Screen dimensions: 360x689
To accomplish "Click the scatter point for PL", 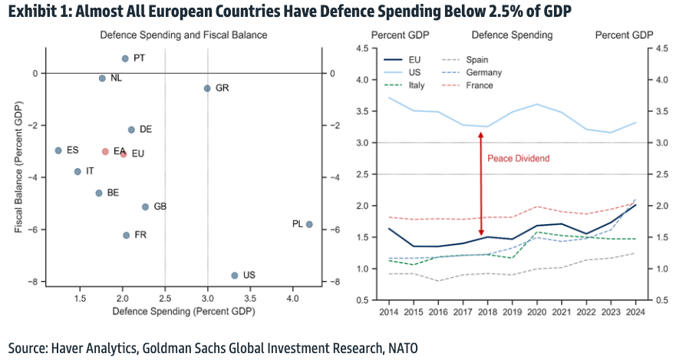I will pyautogui.click(x=308, y=224).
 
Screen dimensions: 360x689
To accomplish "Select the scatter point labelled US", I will pyautogui.click(x=234, y=275).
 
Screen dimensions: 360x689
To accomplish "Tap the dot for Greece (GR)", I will pyautogui.click(x=207, y=88).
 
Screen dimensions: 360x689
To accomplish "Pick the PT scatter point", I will pyautogui.click(x=125, y=58).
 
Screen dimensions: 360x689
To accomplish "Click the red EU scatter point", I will pyautogui.click(x=124, y=154).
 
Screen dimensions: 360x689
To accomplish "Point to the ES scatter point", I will pyautogui.click(x=58, y=150).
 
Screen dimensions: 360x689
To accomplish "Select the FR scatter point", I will pyautogui.click(x=126, y=235).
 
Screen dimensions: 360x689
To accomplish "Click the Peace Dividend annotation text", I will pyautogui.click(x=519, y=158).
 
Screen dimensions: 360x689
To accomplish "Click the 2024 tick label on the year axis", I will pyautogui.click(x=636, y=312).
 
